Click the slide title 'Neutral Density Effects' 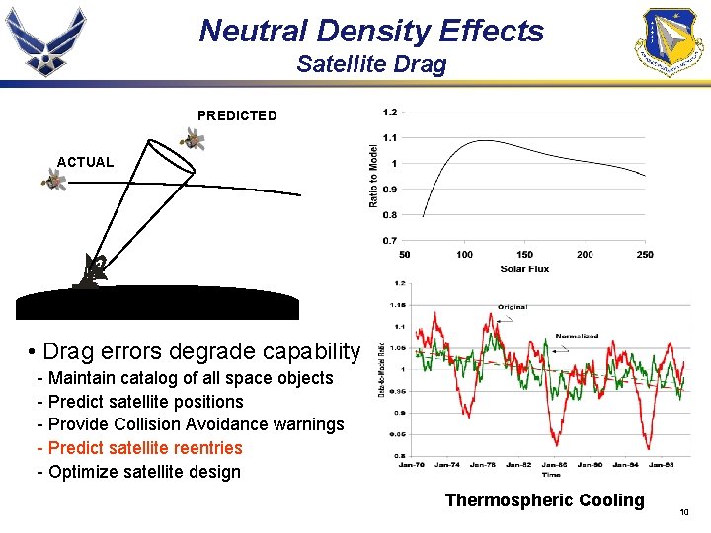pyautogui.click(x=371, y=31)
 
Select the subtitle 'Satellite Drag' pyautogui.click(x=371, y=65)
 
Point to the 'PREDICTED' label pyautogui.click(x=237, y=115)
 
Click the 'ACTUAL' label pyautogui.click(x=85, y=162)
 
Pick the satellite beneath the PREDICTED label pyautogui.click(x=194, y=140)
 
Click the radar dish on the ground pyautogui.click(x=96, y=269)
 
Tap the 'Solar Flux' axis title pyautogui.click(x=524, y=268)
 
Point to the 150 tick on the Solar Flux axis pyautogui.click(x=524, y=255)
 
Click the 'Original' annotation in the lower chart pyautogui.click(x=512, y=307)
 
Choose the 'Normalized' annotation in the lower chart pyautogui.click(x=577, y=336)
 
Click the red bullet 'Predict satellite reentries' pyautogui.click(x=139, y=448)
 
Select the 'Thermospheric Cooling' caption pyautogui.click(x=544, y=500)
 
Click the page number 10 pyautogui.click(x=684, y=512)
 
